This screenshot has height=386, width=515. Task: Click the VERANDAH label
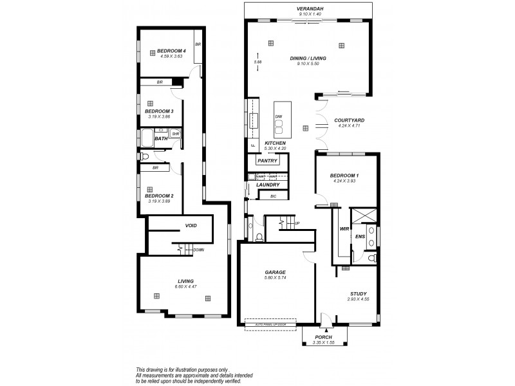point(309,9)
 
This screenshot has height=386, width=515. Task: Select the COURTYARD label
point(350,120)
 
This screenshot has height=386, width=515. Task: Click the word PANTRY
point(267,160)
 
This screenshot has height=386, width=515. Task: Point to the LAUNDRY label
point(267,185)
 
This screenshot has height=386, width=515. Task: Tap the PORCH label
point(323,337)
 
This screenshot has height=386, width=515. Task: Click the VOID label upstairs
point(191,226)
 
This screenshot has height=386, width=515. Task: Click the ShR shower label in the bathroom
point(175,134)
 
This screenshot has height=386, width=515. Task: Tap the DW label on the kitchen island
point(278,116)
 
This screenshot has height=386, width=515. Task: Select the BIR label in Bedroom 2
point(155,168)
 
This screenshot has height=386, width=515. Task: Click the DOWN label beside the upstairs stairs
point(198,250)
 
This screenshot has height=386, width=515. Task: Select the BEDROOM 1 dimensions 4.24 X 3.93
point(344,181)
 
